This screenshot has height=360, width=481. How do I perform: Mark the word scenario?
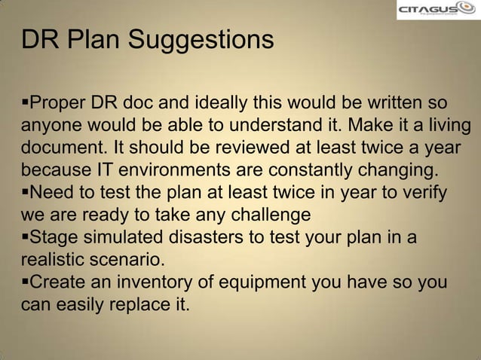(130, 260)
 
